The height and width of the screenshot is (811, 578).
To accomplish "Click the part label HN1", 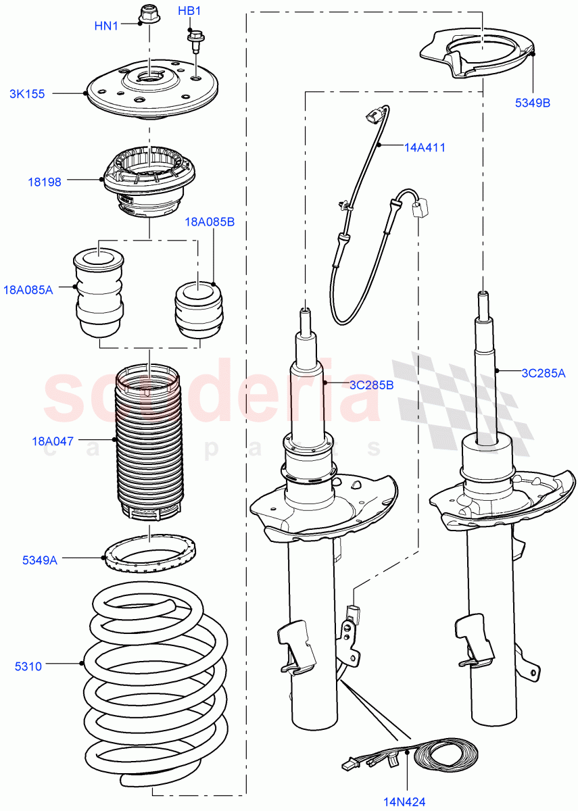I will pos(106,26).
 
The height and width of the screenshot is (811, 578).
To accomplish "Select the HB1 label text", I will pos(189,11).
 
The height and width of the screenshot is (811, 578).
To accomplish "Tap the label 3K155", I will pos(27,94).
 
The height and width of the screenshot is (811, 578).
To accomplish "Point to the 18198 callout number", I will pos(44,182).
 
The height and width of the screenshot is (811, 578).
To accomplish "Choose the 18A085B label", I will pos(210,222).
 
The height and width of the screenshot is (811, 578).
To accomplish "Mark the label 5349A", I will pos(40,560).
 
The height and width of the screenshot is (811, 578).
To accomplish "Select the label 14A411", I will pos(425,147).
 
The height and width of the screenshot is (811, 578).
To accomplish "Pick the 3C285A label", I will pos(543,372).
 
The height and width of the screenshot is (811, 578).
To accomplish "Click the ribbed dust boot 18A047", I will pos(148,443).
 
